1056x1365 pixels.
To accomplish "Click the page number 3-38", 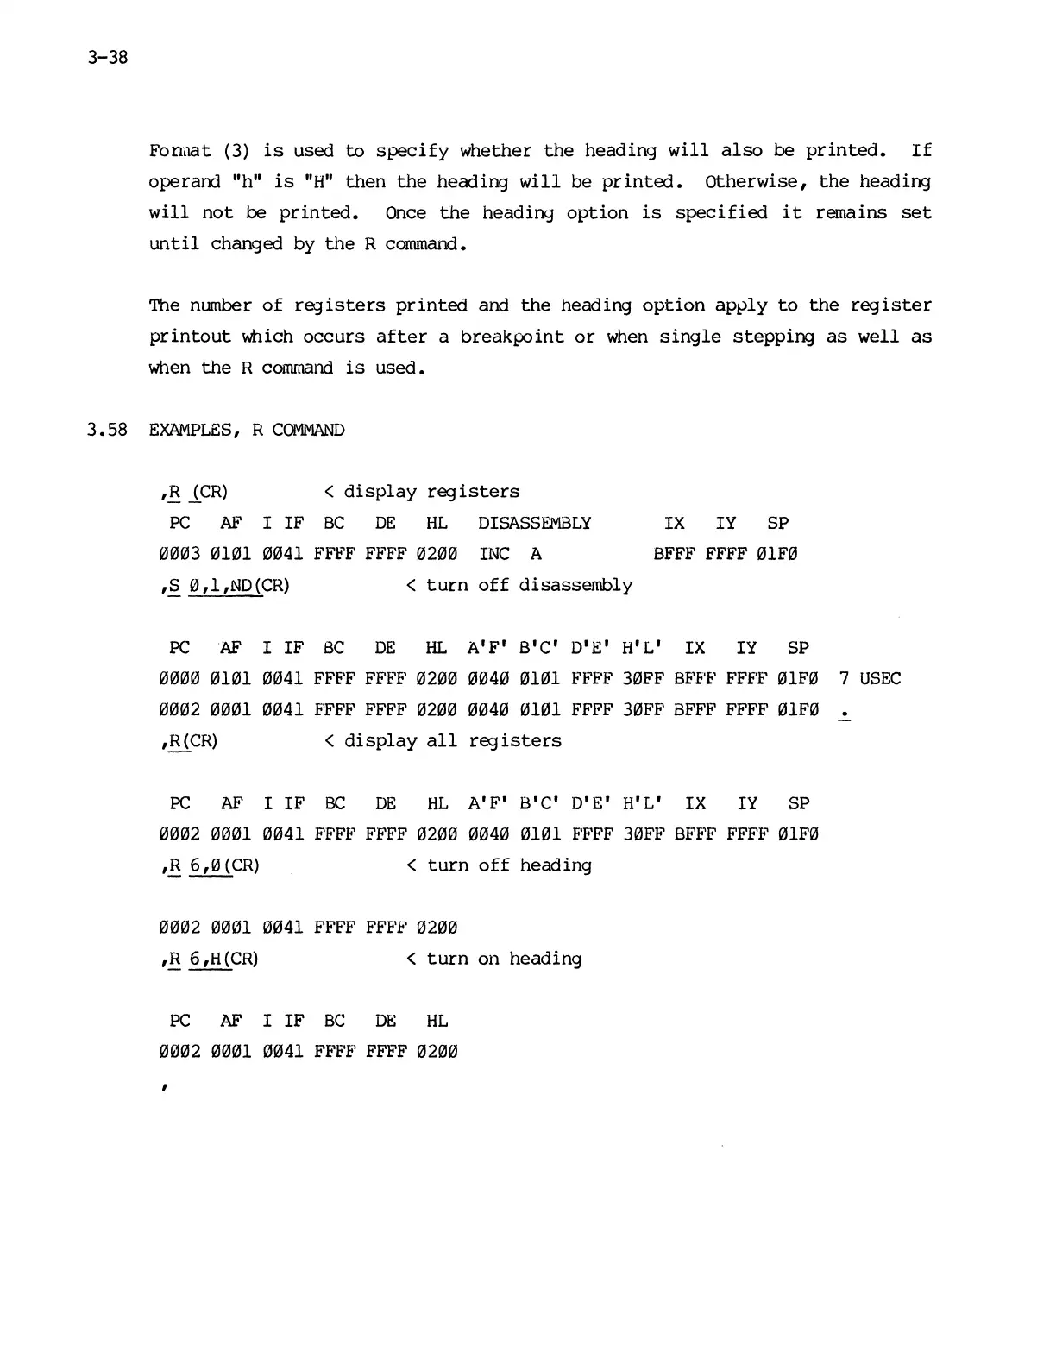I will (x=107, y=59).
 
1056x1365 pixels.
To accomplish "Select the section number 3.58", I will (x=107, y=430).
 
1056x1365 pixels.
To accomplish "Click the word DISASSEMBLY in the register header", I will (x=534, y=523).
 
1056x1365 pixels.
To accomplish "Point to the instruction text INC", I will (x=494, y=554).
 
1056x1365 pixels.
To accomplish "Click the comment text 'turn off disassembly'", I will (x=529, y=585).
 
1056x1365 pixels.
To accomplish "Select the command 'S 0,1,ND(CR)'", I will (x=228, y=586).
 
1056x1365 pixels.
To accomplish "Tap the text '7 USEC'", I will (x=870, y=678).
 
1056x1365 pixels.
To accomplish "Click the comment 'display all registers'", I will (x=452, y=741).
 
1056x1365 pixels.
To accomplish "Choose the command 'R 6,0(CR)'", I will (x=213, y=865).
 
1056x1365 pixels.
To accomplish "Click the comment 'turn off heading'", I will (x=509, y=865).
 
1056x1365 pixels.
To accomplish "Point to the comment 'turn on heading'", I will (x=504, y=959).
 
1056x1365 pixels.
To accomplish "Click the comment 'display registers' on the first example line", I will (x=431, y=492).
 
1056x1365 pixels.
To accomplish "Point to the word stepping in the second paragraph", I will (x=773, y=337).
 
